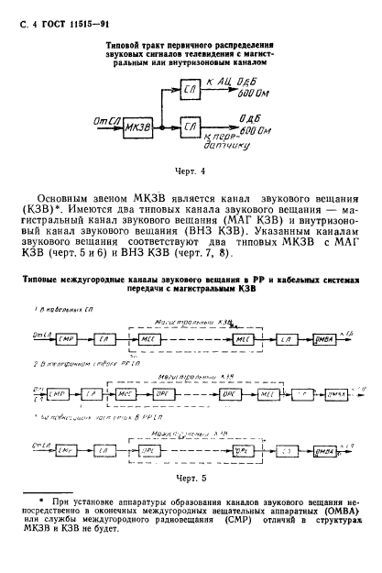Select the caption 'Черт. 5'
(191, 477)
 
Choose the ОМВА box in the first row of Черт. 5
(321, 340)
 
